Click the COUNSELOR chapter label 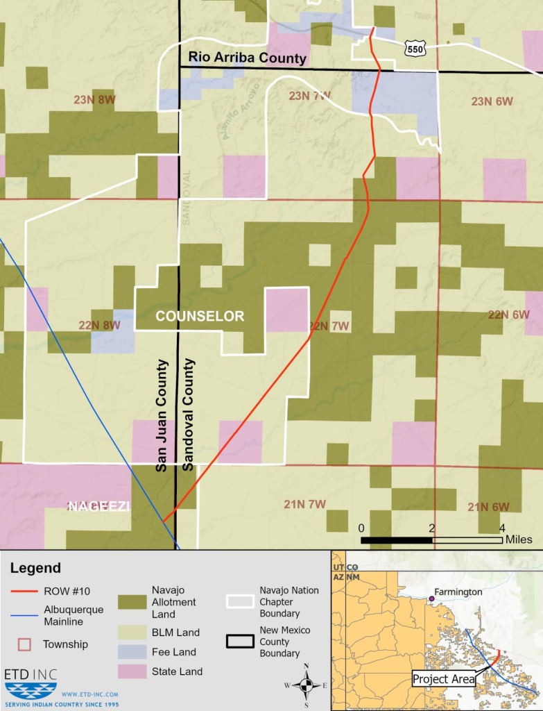pos(200,317)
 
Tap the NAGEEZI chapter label pos(98,507)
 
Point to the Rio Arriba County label pos(248,58)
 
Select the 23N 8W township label pos(94,100)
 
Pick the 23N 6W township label pos(492,101)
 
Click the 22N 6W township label pos(508,315)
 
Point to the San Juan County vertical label pos(162,415)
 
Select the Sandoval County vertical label pos(188,415)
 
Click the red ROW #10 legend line pos(24,592)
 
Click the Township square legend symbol pos(24,644)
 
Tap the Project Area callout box pos(444,679)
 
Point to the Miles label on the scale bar pos(519,539)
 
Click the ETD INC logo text pos(31,675)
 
